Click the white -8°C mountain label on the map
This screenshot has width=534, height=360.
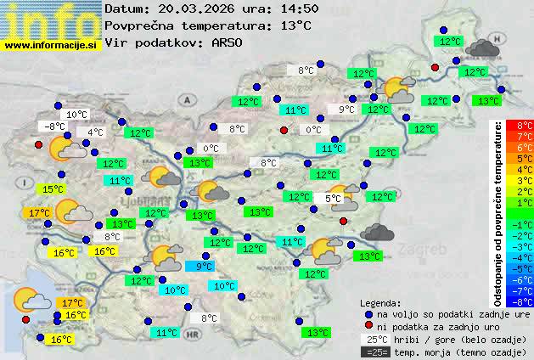pyautogui.click(x=55, y=127)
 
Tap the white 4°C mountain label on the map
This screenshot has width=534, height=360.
pyautogui.click(x=95, y=132)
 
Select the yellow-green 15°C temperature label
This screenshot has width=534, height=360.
pyautogui.click(x=54, y=189)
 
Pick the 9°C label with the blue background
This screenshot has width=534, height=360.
pyautogui.click(x=205, y=266)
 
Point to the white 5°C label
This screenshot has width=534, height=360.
pyautogui.click(x=333, y=199)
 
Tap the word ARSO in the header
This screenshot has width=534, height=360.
pyautogui.click(x=228, y=43)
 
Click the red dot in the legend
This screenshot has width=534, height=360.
pyautogui.click(x=368, y=326)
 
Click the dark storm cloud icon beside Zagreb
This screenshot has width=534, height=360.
pyautogui.click(x=377, y=231)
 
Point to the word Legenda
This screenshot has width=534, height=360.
pyautogui.click(x=380, y=302)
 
